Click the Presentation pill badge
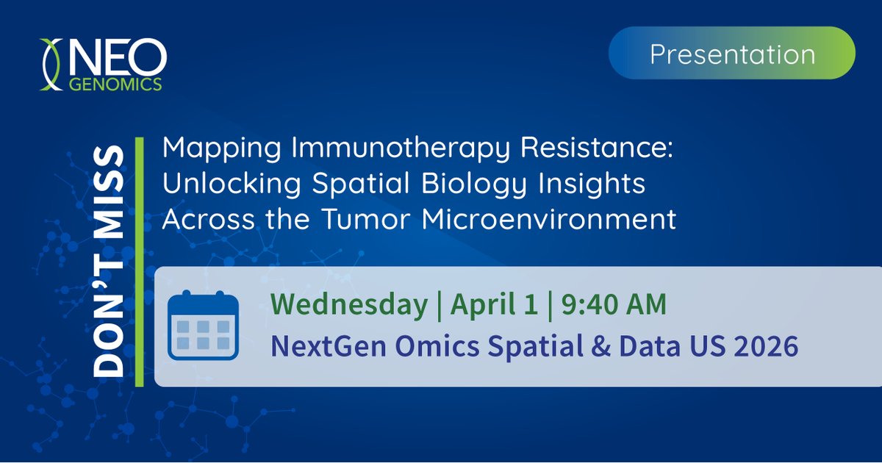(x=732, y=54)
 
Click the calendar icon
(x=203, y=326)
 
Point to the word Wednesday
(x=348, y=304)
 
